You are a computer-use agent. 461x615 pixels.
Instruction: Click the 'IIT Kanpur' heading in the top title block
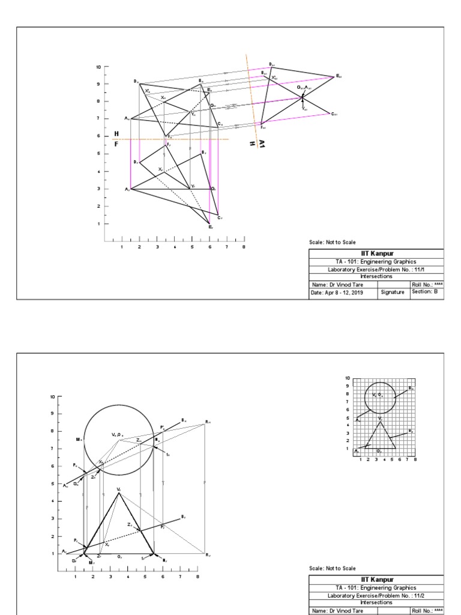click(x=376, y=253)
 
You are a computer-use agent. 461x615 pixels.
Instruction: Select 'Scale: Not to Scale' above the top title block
click(x=333, y=242)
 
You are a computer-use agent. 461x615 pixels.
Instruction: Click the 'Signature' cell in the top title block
click(x=393, y=292)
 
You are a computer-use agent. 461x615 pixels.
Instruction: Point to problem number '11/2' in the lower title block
click(x=420, y=595)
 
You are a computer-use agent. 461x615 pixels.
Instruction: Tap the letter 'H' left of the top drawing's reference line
click(x=116, y=133)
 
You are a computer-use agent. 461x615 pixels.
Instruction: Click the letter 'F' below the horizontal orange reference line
click(x=116, y=144)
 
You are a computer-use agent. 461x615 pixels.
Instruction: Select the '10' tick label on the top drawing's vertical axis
click(x=98, y=67)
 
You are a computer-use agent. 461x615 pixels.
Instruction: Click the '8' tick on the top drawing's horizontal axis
click(x=244, y=247)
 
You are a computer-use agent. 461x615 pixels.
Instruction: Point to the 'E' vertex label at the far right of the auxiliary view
click(x=339, y=76)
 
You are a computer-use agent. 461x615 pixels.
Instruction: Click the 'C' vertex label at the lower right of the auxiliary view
click(x=334, y=114)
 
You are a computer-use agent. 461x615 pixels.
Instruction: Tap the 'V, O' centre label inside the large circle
click(x=116, y=434)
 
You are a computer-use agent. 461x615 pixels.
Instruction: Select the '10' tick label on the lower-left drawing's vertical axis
click(x=52, y=397)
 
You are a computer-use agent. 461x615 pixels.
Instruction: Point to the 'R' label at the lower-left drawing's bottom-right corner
click(x=208, y=555)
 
